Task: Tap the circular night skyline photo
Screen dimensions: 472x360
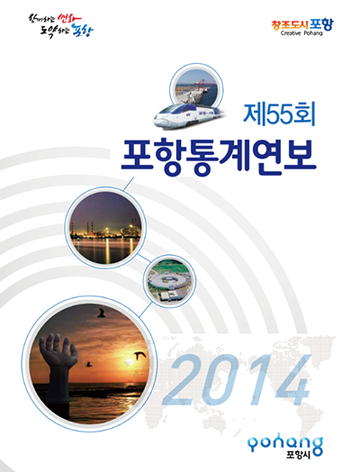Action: tap(105, 224)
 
